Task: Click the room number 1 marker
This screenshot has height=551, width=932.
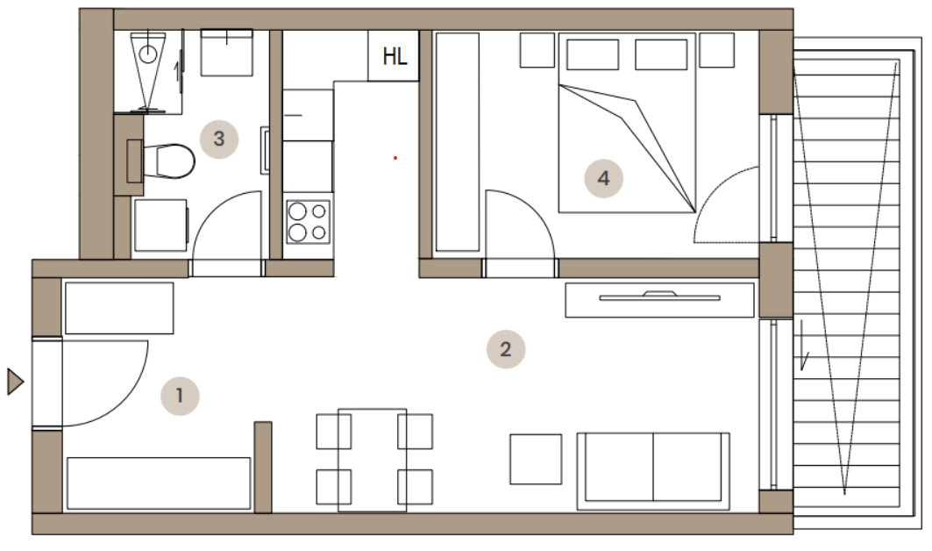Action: (180, 396)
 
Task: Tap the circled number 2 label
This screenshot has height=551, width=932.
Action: (506, 349)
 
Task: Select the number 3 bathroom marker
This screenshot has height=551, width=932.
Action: (218, 140)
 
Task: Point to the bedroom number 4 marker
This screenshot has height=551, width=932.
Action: (603, 178)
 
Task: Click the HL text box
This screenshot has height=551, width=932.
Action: (394, 56)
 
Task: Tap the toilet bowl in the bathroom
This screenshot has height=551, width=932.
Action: (174, 161)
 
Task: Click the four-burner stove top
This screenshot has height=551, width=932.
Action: (308, 222)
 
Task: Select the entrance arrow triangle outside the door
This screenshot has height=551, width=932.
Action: (16, 382)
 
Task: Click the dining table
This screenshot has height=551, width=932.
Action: (372, 460)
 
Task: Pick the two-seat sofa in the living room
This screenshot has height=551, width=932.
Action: (653, 471)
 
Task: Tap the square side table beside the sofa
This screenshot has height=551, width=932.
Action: (536, 459)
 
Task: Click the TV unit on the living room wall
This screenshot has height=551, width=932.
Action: (659, 300)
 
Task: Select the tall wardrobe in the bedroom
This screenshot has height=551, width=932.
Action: (458, 142)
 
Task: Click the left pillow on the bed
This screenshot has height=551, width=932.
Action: (593, 54)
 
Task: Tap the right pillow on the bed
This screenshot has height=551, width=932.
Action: (661, 54)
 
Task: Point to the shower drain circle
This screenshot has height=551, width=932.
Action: (148, 54)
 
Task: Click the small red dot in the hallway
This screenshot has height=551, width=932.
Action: (395, 158)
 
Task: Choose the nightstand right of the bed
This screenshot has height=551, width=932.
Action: (716, 50)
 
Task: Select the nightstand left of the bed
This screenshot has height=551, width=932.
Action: (537, 50)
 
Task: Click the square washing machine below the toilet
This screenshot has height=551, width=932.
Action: (160, 225)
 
